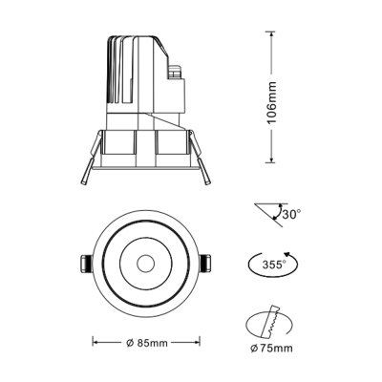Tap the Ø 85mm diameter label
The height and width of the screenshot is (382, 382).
coord(149,340)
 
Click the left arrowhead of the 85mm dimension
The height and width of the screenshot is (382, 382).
coord(94,340)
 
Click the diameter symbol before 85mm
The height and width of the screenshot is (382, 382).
coord(129,340)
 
